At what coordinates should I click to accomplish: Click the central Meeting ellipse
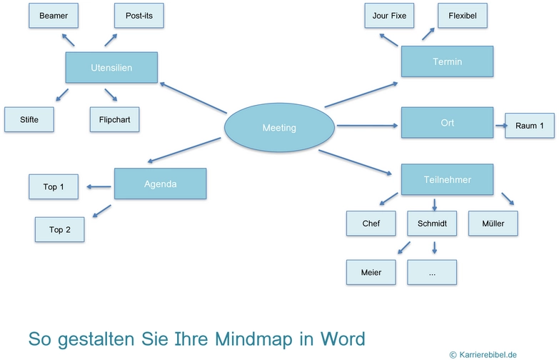tap(279, 128)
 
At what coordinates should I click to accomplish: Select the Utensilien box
tap(111, 67)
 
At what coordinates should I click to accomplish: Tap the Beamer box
tap(54, 15)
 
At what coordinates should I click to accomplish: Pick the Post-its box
tap(139, 15)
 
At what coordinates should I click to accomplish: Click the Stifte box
tap(29, 119)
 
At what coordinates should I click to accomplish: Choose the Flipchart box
tap(114, 119)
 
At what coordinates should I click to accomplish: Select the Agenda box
tap(160, 184)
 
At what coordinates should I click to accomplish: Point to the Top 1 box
tap(54, 186)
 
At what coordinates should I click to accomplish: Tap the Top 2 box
tap(59, 229)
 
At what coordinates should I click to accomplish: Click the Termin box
tap(447, 61)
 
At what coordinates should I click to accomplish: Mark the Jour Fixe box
tap(389, 15)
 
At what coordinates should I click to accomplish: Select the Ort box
tap(447, 122)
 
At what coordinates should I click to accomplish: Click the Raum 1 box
tap(530, 126)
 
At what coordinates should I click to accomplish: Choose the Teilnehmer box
tap(447, 179)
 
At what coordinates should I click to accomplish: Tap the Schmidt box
tap(432, 224)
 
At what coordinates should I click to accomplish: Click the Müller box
tap(493, 224)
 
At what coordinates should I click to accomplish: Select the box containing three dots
tap(432, 272)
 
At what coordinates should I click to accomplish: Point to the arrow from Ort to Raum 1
tap(499, 125)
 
